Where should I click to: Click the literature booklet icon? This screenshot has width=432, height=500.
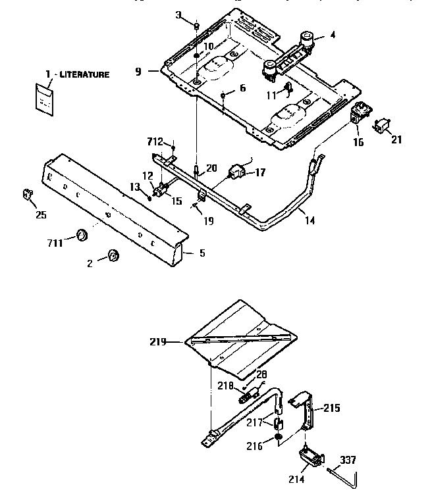click(44, 97)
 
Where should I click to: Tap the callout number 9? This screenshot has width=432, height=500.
click(138, 71)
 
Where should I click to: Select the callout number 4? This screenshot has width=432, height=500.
click(332, 35)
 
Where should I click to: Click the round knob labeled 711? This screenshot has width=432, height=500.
click(82, 234)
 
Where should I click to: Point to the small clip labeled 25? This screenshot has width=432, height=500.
click(28, 194)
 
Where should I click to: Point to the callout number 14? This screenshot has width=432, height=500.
click(310, 221)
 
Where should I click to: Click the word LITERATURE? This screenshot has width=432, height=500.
click(84, 75)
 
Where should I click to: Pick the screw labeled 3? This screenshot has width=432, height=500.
click(197, 25)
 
